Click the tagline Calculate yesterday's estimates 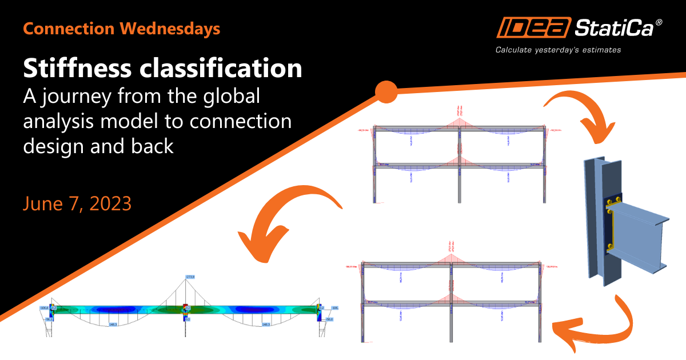coord(558,50)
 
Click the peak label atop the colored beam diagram coord(190,277)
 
